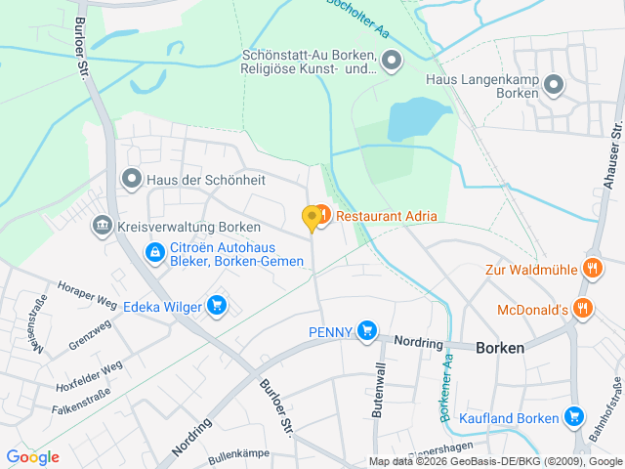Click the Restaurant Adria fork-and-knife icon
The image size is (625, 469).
(322, 214)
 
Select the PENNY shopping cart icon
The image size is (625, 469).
(366, 331)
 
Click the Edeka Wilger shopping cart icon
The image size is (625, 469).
(217, 307)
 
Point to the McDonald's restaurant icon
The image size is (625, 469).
(583, 309)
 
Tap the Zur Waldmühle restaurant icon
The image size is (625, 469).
(591, 268)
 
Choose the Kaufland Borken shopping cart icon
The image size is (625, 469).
(573, 418)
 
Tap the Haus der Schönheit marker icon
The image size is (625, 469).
(132, 179)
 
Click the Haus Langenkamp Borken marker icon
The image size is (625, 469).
(554, 85)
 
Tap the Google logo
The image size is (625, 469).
(32, 457)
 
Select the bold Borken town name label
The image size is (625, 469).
(500, 348)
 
